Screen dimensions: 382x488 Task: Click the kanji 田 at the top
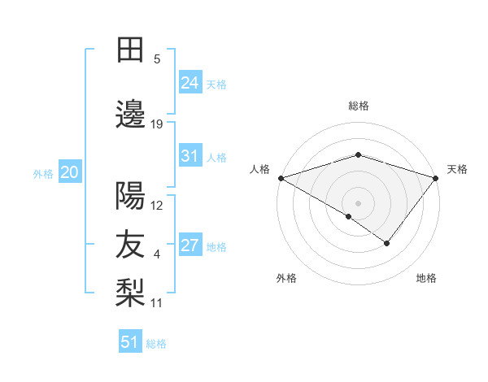(130, 50)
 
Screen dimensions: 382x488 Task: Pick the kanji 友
(130, 245)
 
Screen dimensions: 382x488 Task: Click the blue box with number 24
(190, 82)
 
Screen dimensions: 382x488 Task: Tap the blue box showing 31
(190, 156)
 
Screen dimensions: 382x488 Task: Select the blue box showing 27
(190, 245)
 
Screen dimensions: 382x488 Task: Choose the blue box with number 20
(70, 172)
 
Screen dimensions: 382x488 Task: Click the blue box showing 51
(130, 342)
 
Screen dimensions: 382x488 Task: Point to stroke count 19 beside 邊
(157, 124)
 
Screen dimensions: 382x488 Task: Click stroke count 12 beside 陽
(157, 206)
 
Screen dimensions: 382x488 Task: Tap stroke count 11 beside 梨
(157, 303)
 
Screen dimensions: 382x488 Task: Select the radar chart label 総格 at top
(358, 106)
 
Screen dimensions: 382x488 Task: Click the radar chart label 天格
(457, 169)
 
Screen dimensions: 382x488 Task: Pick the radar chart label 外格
(286, 278)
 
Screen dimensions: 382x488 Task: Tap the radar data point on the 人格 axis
(281, 177)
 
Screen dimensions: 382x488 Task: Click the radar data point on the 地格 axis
(387, 243)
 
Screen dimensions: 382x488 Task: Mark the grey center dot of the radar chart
(358, 202)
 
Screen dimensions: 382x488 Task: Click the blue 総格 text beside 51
(156, 344)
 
